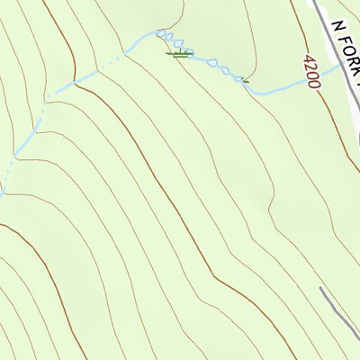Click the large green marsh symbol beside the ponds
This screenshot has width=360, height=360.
[179, 55]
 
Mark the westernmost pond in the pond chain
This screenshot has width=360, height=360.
[163, 34]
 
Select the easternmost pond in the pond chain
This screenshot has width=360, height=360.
[240, 79]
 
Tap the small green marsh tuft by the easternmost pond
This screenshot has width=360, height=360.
[244, 80]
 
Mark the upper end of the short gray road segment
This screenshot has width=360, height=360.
[321, 289]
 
